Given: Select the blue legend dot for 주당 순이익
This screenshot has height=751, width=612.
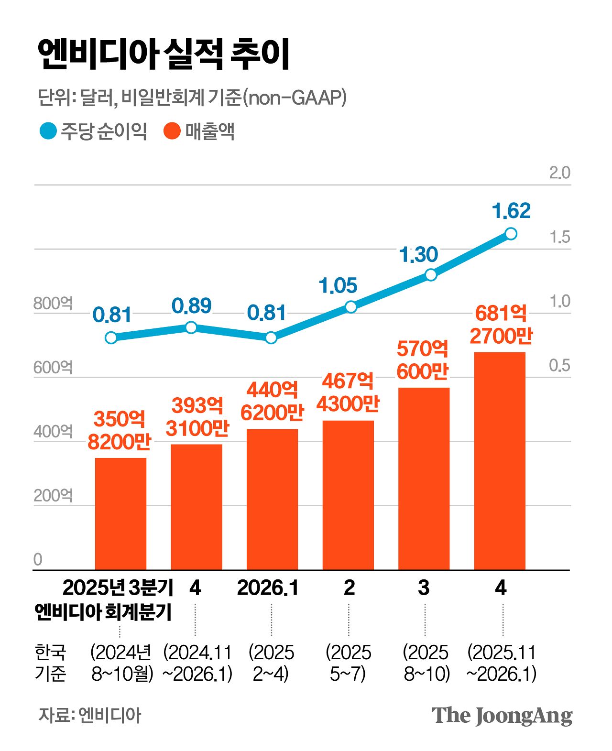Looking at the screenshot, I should [x=48, y=131].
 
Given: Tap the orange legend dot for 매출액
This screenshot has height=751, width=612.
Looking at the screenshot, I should [x=172, y=131].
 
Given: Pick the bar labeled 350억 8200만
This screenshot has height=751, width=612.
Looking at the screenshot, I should [x=120, y=513].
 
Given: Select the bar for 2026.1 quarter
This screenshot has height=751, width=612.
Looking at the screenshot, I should [x=272, y=499].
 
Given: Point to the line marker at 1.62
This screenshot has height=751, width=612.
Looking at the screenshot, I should [x=511, y=233].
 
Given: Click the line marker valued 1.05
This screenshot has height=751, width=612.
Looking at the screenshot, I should [x=351, y=306].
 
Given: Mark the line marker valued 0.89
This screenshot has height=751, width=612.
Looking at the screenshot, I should [x=191, y=327].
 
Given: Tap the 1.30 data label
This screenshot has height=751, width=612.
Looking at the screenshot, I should [x=419, y=255].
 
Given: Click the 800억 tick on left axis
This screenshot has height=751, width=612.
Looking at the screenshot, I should [x=53, y=303].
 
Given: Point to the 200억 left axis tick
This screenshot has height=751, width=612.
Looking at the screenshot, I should [x=53, y=495].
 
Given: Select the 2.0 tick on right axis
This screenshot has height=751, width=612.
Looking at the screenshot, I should [x=559, y=173].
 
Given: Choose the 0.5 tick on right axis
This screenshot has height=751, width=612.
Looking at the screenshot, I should [x=559, y=365].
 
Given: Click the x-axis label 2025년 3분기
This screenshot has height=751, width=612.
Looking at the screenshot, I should [x=118, y=588].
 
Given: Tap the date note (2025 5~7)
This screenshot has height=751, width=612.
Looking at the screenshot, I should [x=348, y=663].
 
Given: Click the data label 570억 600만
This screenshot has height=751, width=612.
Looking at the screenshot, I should [x=423, y=360].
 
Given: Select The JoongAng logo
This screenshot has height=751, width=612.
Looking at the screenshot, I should [x=502, y=715].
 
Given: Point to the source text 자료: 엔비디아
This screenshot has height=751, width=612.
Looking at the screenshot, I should [x=90, y=715].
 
